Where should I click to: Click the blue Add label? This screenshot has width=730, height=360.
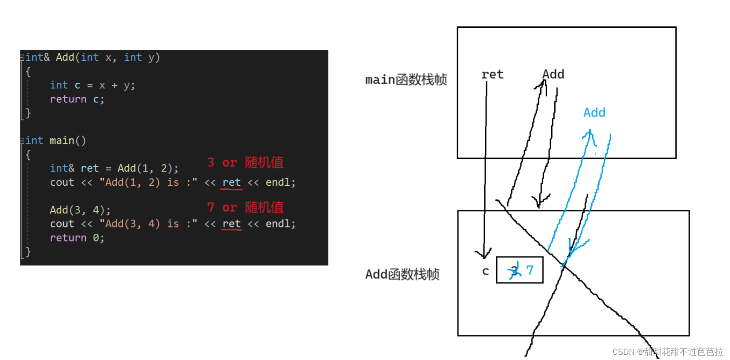pyautogui.click(x=594, y=113)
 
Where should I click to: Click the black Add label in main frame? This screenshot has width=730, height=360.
pyautogui.click(x=553, y=74)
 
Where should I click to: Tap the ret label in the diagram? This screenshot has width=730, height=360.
pyautogui.click(x=492, y=75)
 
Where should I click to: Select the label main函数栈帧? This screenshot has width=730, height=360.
pyautogui.click(x=406, y=80)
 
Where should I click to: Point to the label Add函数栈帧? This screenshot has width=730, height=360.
pyautogui.click(x=402, y=274)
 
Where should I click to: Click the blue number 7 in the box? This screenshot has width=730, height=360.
pyautogui.click(x=530, y=270)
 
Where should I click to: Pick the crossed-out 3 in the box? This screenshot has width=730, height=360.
pyautogui.click(x=514, y=270)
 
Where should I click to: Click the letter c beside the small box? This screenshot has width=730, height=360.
pyautogui.click(x=485, y=271)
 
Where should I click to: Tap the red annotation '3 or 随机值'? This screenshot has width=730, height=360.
pyautogui.click(x=245, y=162)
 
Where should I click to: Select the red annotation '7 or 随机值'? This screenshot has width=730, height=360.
pyautogui.click(x=245, y=207)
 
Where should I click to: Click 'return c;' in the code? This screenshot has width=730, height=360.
pyautogui.click(x=77, y=99)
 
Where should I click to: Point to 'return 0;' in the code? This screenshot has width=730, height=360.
pyautogui.click(x=77, y=238)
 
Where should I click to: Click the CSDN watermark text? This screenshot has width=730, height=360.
pyautogui.click(x=667, y=352)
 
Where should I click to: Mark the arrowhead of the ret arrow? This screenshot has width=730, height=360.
pyautogui.click(x=483, y=255)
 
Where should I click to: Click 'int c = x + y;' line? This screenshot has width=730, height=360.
pyautogui.click(x=92, y=85)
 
